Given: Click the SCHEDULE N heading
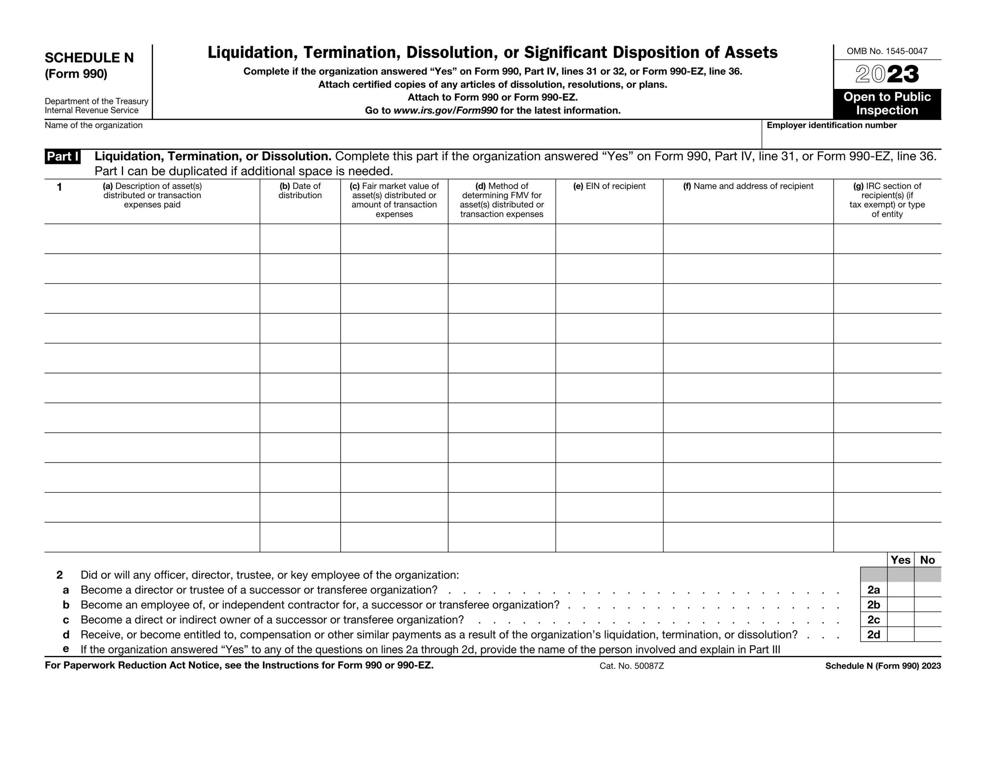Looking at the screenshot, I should (x=89, y=58).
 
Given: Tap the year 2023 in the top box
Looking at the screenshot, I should (x=887, y=74).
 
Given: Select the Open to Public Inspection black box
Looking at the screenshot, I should (x=887, y=104).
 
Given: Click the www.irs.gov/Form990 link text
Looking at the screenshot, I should (x=445, y=110).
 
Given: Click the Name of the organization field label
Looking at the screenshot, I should (x=94, y=125).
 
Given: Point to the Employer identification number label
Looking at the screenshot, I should (x=831, y=125).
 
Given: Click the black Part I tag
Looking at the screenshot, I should (x=63, y=157).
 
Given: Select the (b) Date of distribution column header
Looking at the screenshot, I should (x=300, y=191).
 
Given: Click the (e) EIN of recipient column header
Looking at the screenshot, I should (x=609, y=186).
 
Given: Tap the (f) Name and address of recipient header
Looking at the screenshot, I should (x=748, y=186).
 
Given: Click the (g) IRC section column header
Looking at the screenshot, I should (x=887, y=200).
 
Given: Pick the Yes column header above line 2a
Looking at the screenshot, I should (x=900, y=560).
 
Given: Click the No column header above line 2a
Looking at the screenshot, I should (x=927, y=560).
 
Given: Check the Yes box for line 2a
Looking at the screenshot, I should (x=900, y=589).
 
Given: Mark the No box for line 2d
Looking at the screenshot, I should (x=927, y=634).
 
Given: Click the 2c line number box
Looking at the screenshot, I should (x=873, y=619).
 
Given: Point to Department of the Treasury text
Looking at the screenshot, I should (x=96, y=102).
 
